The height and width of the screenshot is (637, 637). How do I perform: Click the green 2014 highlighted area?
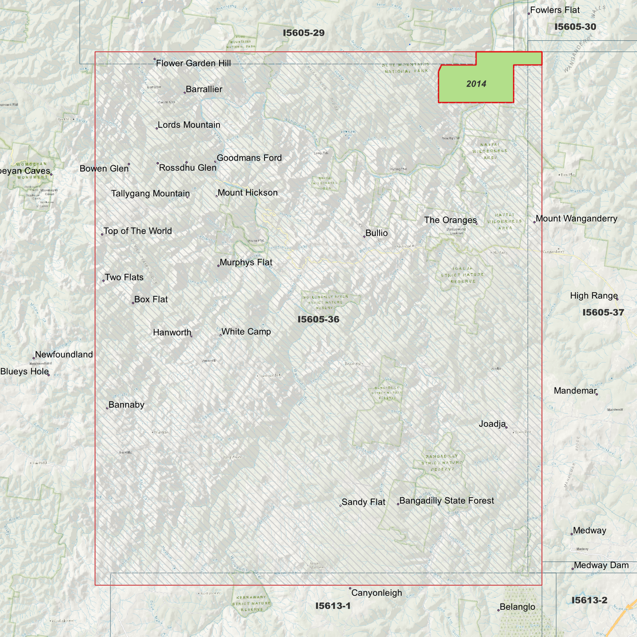pos(476,84)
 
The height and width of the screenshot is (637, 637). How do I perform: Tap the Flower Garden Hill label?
pos(193,63)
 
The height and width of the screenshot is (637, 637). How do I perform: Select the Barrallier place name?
pos(204,89)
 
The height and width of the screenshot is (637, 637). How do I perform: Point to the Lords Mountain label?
pos(189,125)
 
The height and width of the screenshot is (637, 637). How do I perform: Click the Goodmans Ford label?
pos(249,158)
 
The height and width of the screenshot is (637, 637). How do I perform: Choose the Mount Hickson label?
pos(247,193)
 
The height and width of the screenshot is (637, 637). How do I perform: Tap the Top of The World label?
pos(138,231)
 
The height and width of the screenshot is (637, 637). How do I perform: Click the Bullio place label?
pos(376,233)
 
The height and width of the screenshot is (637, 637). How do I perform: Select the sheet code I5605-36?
pos(318,320)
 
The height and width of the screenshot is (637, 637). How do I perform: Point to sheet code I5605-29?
pos(304,33)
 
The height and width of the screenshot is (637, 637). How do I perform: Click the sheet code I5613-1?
pos(333,606)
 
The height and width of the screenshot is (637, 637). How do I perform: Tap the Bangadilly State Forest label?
pos(446,501)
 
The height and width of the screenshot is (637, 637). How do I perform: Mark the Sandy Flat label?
pos(363,502)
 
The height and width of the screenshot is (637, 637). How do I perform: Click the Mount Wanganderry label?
pos(576,219)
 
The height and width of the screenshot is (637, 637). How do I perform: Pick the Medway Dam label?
pos(601,566)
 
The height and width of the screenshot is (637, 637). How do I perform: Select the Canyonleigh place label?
pos(376,593)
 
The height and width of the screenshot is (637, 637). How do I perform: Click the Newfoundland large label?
pos(64,354)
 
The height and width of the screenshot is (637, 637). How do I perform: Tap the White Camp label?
pos(246,332)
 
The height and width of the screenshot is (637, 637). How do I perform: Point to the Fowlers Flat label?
pos(555,10)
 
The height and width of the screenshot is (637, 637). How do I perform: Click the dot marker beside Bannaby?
pos(107,408)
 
